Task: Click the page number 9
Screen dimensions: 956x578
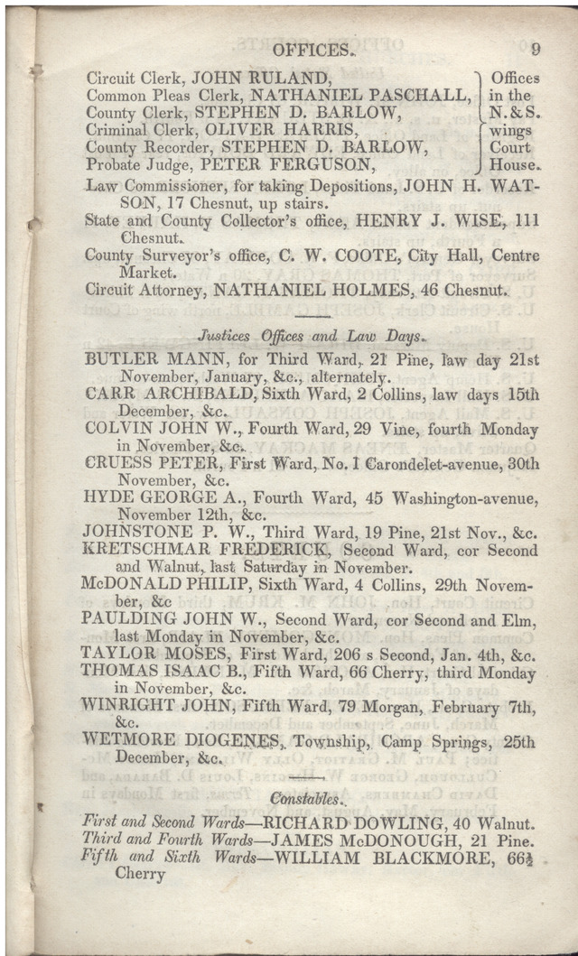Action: (536, 51)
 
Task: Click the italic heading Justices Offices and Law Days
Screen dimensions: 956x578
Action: (309, 337)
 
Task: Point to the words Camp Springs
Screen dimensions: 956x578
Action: (434, 741)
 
